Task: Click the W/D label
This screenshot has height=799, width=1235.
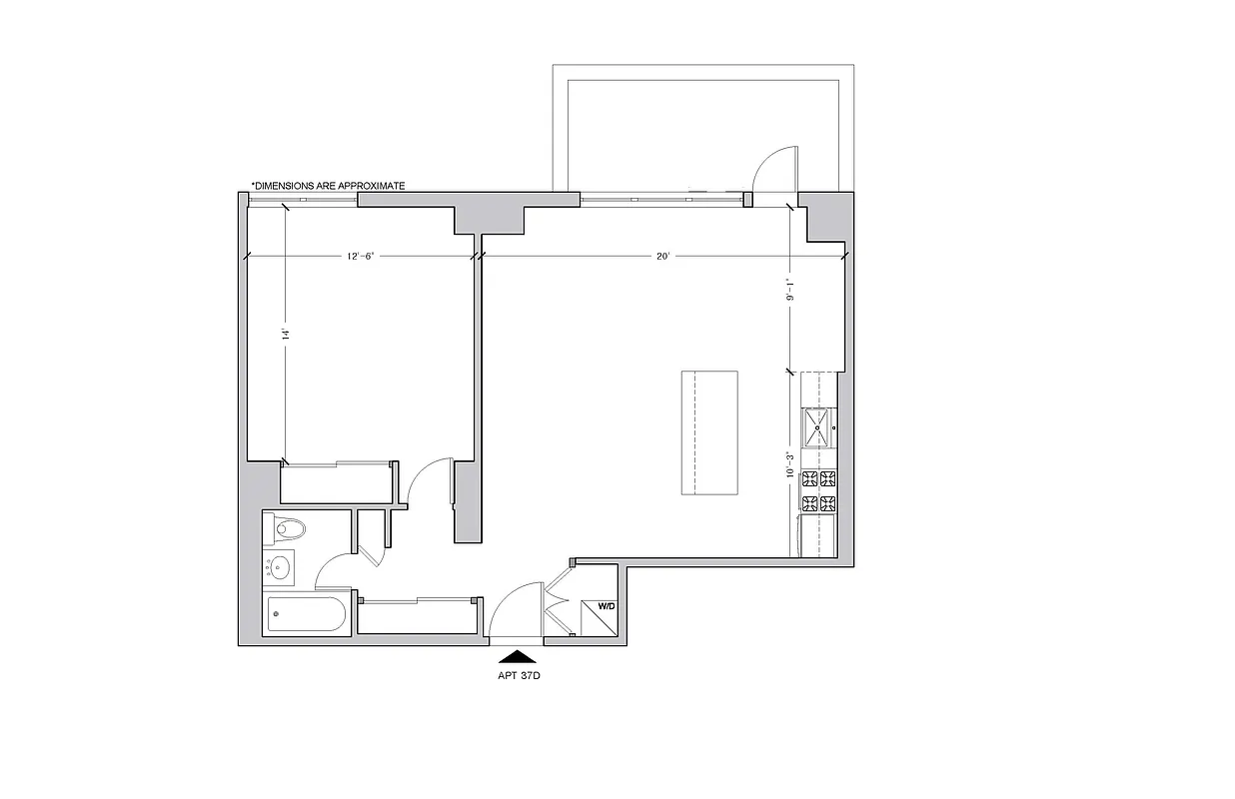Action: coord(607,606)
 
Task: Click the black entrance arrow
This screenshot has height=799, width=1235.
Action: coord(518,656)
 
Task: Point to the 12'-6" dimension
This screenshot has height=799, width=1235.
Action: coord(361,257)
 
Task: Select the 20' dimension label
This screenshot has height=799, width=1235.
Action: coord(662,257)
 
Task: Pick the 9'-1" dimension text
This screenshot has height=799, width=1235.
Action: coord(789,290)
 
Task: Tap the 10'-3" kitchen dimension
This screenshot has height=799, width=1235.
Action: coord(789,464)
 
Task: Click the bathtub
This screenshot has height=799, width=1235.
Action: coord(307,614)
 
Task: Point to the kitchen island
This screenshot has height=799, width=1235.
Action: coord(709,432)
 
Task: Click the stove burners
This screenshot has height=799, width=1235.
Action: coord(818,490)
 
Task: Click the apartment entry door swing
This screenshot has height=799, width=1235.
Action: coord(514,611)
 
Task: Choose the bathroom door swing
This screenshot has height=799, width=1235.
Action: coord(336,572)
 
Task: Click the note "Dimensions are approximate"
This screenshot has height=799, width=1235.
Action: coord(328,186)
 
